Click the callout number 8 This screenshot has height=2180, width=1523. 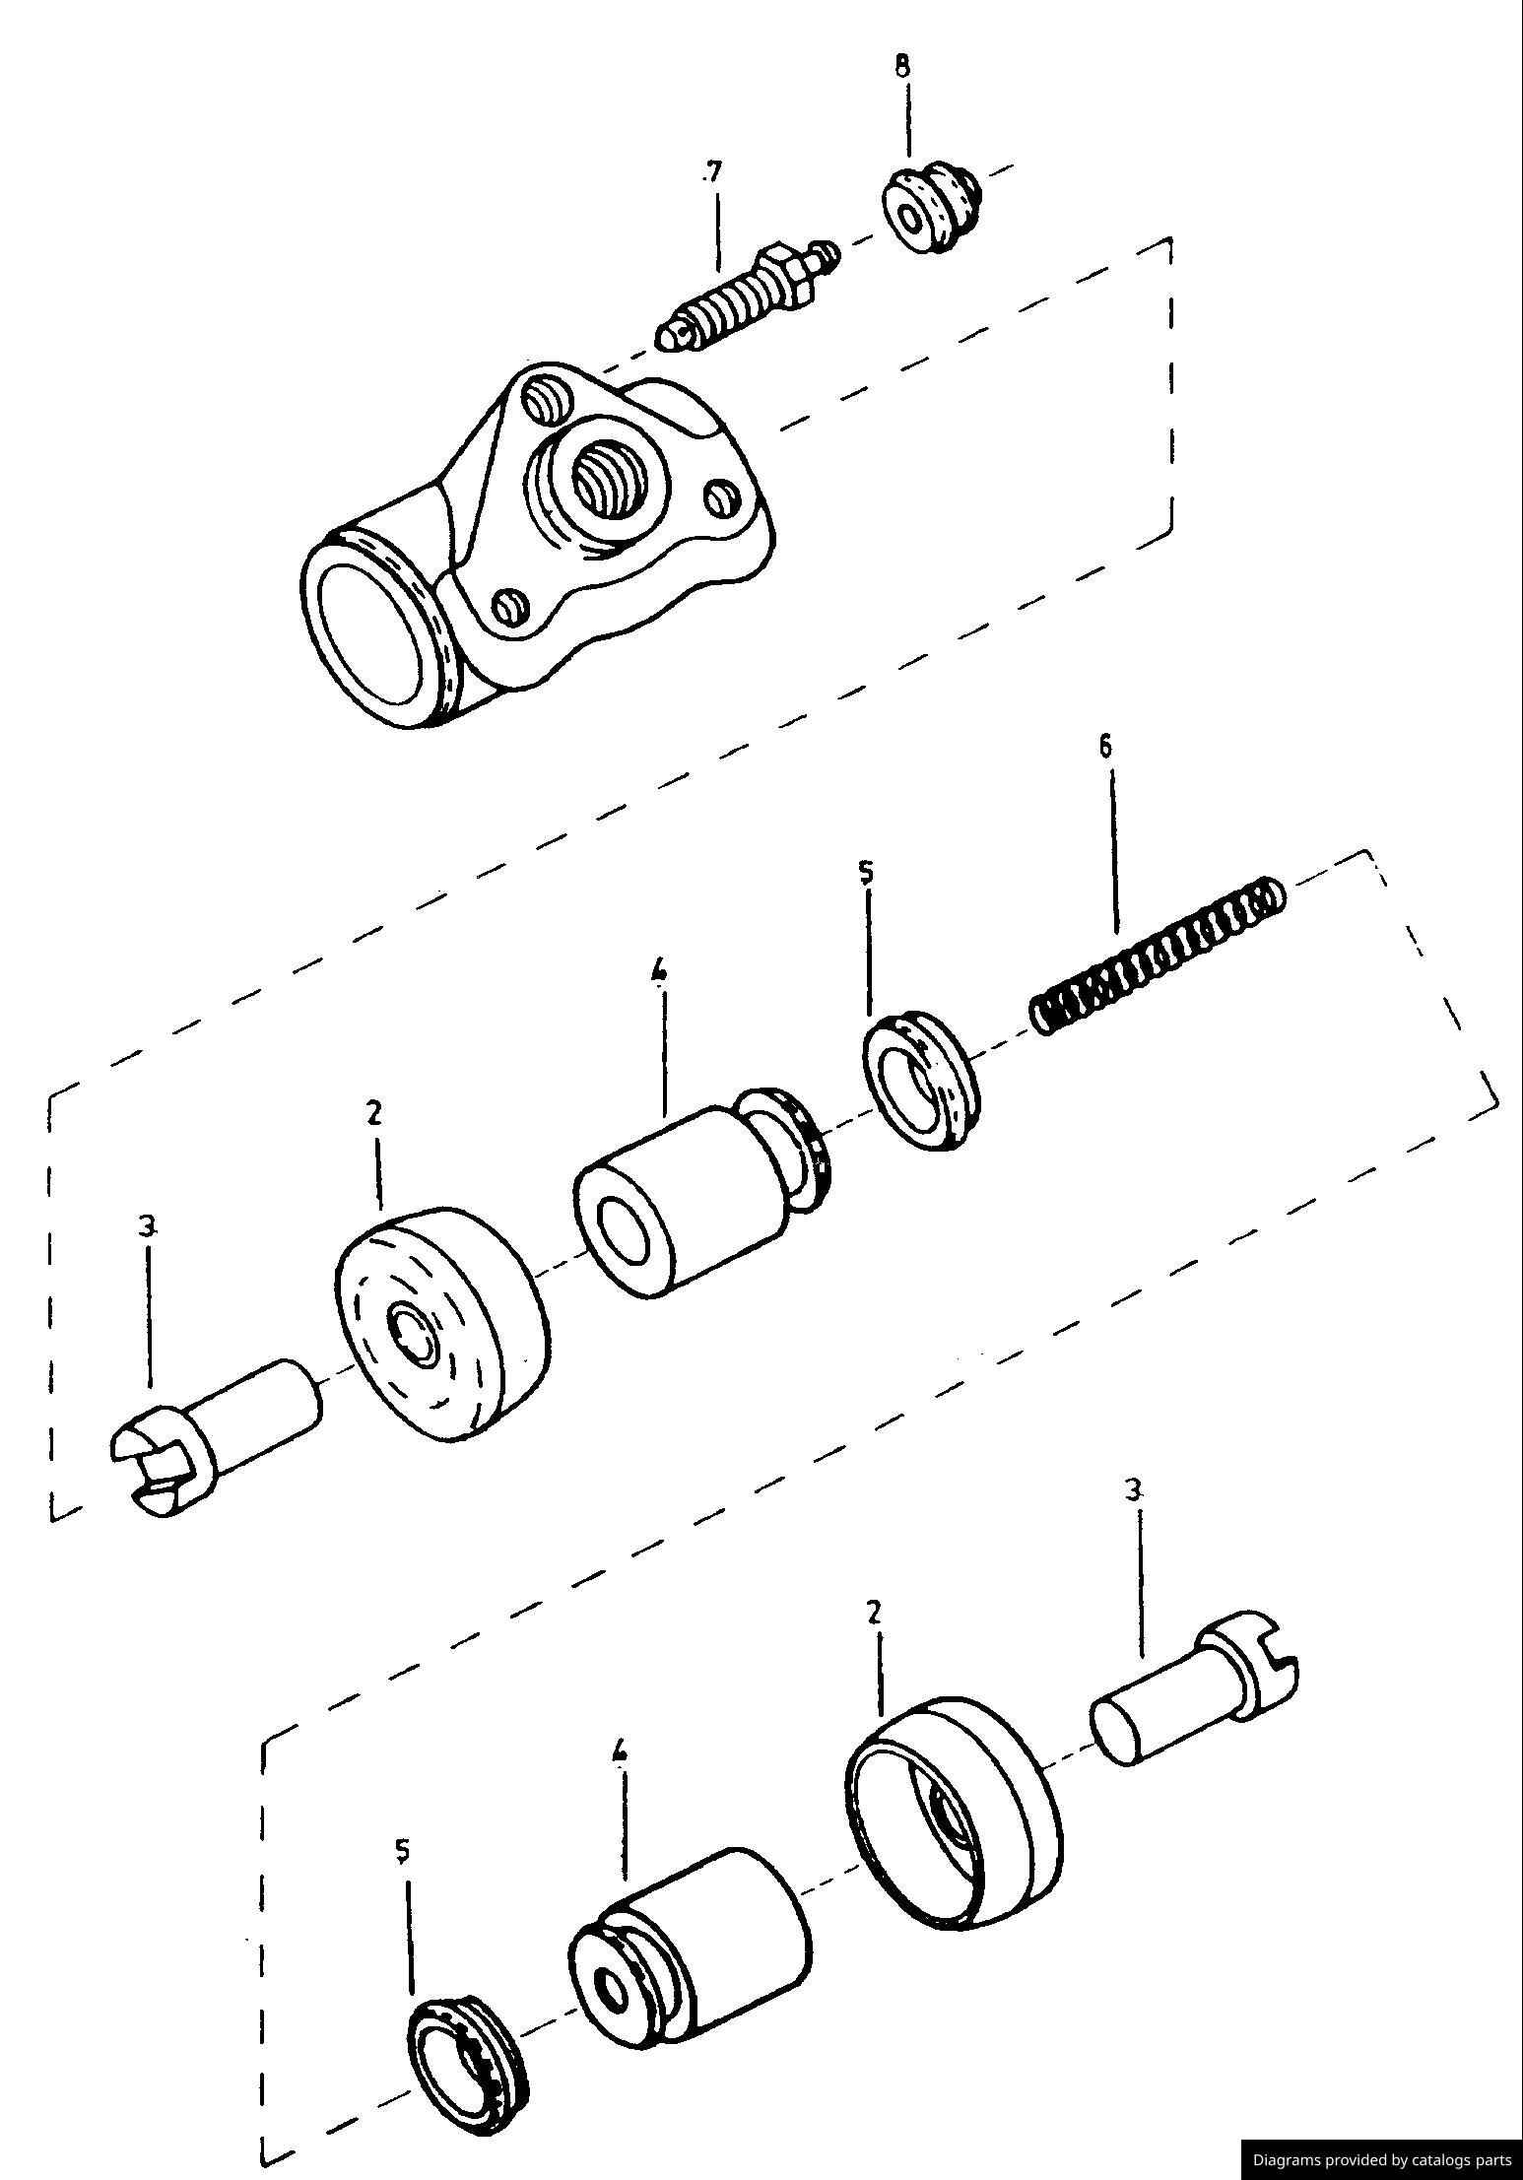[x=902, y=67]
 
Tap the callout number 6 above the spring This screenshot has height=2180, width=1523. [x=1105, y=746]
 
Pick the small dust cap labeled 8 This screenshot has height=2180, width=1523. [x=931, y=211]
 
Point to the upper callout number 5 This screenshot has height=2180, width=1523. [x=866, y=874]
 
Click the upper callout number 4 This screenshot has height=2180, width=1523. [x=659, y=971]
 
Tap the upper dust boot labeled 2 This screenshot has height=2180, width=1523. [x=438, y=1321]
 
